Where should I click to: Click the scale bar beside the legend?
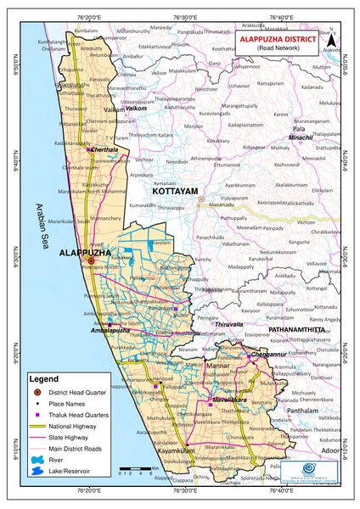[x=135, y=467]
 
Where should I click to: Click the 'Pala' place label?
[x=299, y=129]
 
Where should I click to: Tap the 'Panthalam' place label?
[x=301, y=411]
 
